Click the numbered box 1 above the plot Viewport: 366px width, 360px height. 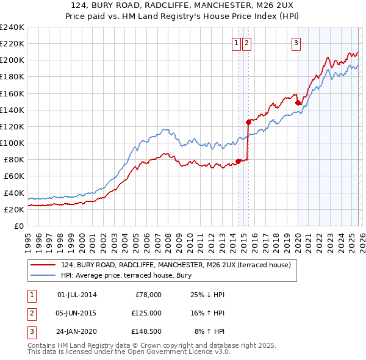click(236, 43)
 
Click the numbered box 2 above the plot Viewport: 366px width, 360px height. click(246, 43)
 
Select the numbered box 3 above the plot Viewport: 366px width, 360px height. click(296, 43)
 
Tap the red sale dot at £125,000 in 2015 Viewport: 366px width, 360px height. click(248, 122)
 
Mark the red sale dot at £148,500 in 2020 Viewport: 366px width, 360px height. click(298, 103)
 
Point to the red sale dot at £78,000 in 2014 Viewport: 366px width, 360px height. click(238, 161)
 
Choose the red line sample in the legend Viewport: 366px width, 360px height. click(43, 265)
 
